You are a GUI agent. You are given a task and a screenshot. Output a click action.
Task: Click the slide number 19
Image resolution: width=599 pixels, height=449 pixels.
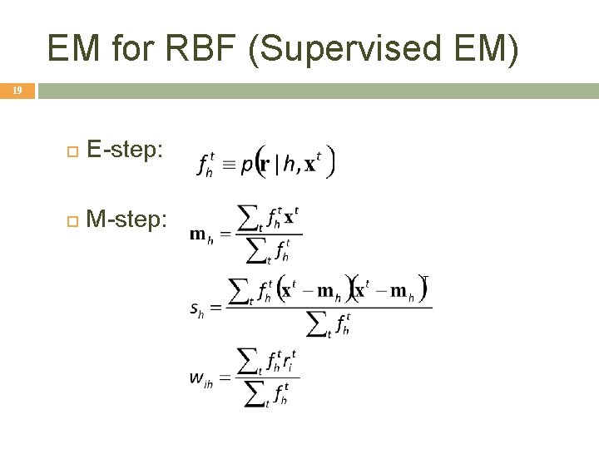17,91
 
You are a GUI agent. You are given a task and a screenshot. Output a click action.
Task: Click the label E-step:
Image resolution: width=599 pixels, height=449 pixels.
126,150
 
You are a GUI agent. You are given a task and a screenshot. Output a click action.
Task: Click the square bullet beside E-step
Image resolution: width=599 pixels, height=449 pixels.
72,151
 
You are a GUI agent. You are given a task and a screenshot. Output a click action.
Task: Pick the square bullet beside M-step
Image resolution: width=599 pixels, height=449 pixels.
72,220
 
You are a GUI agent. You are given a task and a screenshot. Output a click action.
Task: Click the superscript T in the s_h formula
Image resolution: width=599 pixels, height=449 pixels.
424,279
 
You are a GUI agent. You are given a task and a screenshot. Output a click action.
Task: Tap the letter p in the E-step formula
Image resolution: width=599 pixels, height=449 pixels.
247,165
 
